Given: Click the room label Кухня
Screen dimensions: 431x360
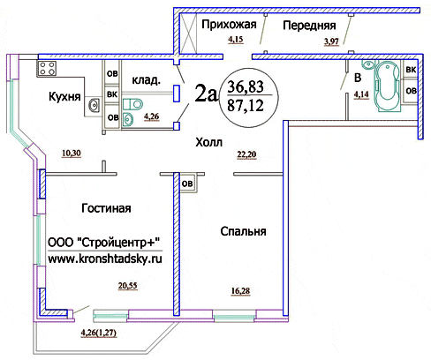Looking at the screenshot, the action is [x=64, y=96].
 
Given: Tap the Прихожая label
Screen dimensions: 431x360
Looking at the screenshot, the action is [x=229, y=25].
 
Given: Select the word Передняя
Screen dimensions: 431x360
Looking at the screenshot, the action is [x=309, y=26].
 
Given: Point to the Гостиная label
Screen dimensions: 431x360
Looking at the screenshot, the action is [x=106, y=208].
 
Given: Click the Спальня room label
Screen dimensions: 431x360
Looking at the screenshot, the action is [x=243, y=231].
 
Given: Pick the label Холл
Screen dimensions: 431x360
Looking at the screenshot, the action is [x=209, y=143].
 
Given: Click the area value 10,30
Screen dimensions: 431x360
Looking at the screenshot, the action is [x=72, y=154].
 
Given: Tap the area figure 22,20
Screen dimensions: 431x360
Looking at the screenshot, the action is [x=246, y=154].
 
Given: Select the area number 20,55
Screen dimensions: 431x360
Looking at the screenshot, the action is [x=128, y=286].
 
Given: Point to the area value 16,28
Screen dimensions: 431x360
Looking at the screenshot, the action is [x=240, y=291].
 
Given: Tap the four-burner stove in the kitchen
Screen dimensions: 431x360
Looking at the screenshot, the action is [x=47, y=68].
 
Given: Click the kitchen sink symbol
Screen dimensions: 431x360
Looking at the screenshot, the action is [x=95, y=105].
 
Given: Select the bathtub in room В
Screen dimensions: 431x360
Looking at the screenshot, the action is [x=388, y=86].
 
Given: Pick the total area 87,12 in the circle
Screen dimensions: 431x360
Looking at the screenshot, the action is [x=246, y=105].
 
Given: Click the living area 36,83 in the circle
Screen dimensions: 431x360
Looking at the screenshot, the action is [x=246, y=86].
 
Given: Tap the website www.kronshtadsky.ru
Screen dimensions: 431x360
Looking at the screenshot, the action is [x=105, y=259].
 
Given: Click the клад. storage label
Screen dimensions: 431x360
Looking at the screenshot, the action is [x=146, y=80].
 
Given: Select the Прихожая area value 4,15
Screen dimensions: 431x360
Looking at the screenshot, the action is [x=236, y=39].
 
